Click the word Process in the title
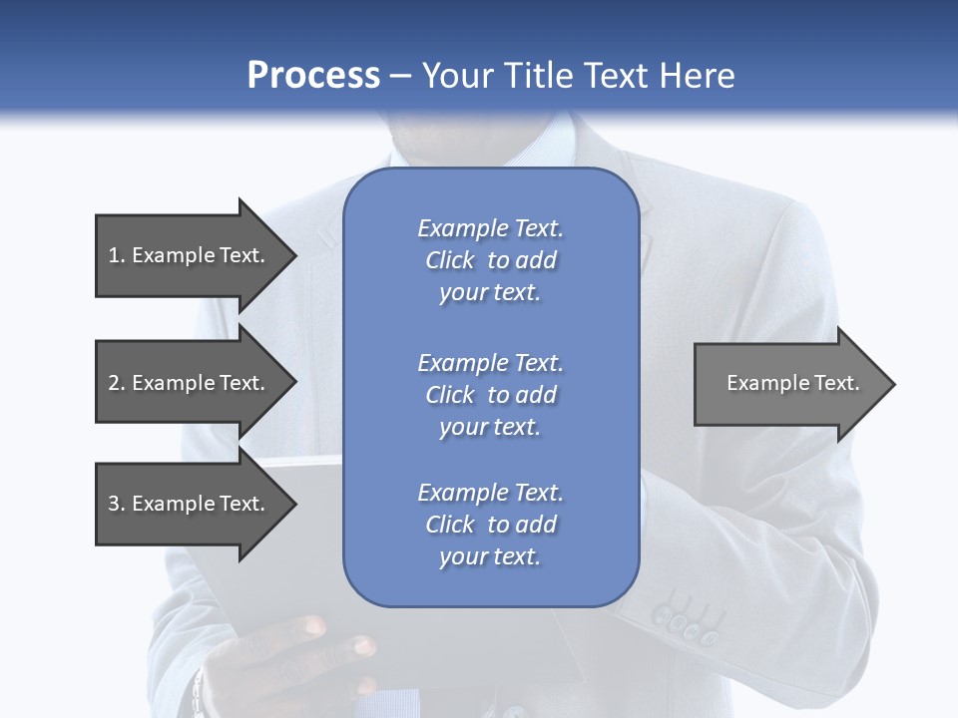[x=313, y=75]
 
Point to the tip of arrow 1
[x=294, y=255]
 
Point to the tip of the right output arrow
[x=893, y=384]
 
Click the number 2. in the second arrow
[x=117, y=383]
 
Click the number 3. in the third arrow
[x=117, y=504]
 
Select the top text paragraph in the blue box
[x=490, y=260]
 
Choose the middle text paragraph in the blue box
[x=490, y=394]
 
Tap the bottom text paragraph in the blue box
[x=490, y=525]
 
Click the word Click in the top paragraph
[x=449, y=260]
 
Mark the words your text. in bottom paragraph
[x=490, y=556]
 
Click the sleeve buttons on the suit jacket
[x=685, y=622]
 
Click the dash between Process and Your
[x=400, y=76]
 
